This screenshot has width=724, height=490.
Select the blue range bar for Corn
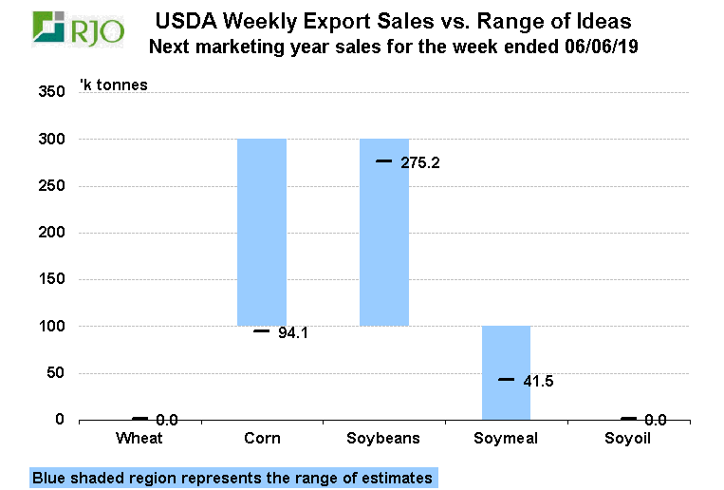tap(262, 232)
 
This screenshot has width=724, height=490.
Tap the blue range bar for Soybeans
tap(384, 232)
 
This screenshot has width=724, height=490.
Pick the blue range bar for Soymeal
tap(506, 372)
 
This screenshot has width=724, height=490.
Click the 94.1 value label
tap(294, 332)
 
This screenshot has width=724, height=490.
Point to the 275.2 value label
tap(420, 163)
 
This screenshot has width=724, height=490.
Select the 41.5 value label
tap(538, 382)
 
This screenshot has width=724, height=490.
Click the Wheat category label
tap(139, 439)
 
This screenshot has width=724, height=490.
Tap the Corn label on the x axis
tap(262, 439)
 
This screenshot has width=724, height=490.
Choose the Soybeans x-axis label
tap(384, 439)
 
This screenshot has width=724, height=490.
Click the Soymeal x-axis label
tap(506, 439)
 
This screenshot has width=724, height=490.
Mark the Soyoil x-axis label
tap(628, 439)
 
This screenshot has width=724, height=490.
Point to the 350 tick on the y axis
tap(51, 92)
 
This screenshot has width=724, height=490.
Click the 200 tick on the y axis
tap(51, 233)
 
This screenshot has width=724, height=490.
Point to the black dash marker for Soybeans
tap(384, 161)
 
